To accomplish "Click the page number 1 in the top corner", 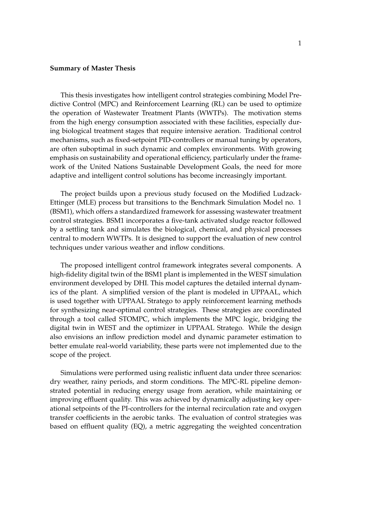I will [299, 44].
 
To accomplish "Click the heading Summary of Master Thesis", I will [92, 68].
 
